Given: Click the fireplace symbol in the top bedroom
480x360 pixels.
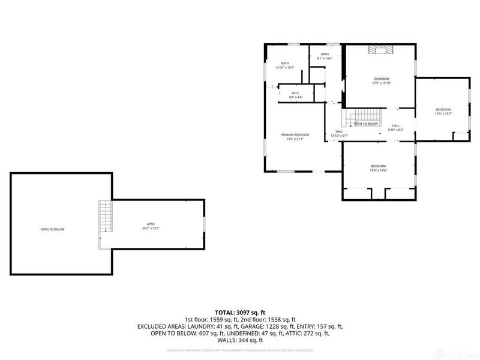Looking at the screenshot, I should (380, 50).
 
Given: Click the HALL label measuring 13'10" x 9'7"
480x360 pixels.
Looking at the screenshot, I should (340, 133).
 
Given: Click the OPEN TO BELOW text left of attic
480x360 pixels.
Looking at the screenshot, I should (52, 229).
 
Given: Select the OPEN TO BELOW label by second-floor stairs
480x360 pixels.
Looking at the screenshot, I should (366, 124).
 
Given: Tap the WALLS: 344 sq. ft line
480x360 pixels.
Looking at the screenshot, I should (240, 339).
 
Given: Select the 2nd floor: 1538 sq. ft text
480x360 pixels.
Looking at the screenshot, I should (274, 320).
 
